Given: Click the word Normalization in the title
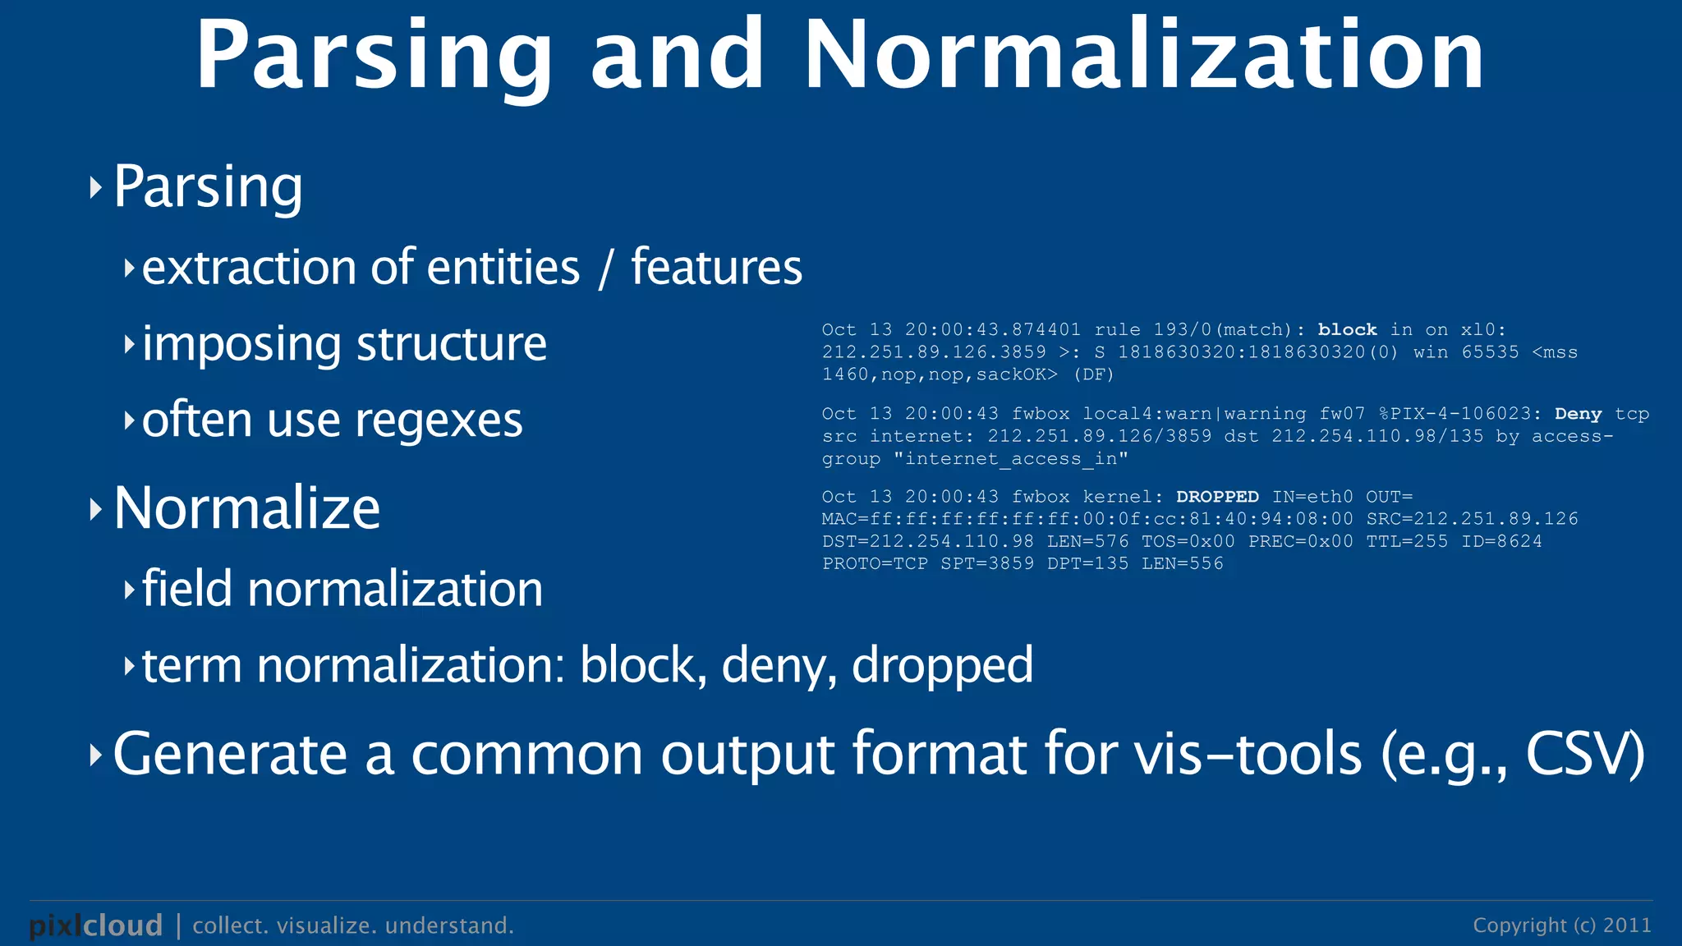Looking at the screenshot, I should pyautogui.click(x=1144, y=56).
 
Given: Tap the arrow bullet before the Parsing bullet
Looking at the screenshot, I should pyautogui.click(x=96, y=188).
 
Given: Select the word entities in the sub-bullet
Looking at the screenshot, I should pyautogui.click(x=503, y=268).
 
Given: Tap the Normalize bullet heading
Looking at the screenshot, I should pyautogui.click(x=246, y=508).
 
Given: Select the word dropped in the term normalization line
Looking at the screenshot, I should pyautogui.click(x=942, y=666).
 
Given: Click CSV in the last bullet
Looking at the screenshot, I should pyautogui.click(x=1583, y=754).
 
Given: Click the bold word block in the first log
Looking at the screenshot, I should pyautogui.click(x=1347, y=330).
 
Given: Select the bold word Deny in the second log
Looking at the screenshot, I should pyautogui.click(x=1578, y=414).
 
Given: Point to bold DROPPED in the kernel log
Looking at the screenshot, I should pyautogui.click(x=1217, y=497).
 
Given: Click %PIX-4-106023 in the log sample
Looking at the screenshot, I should pyautogui.click(x=1459, y=414).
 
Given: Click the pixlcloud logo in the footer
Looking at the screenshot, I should pyautogui.click(x=95, y=925).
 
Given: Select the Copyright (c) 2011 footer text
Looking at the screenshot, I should pyautogui.click(x=1561, y=925).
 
